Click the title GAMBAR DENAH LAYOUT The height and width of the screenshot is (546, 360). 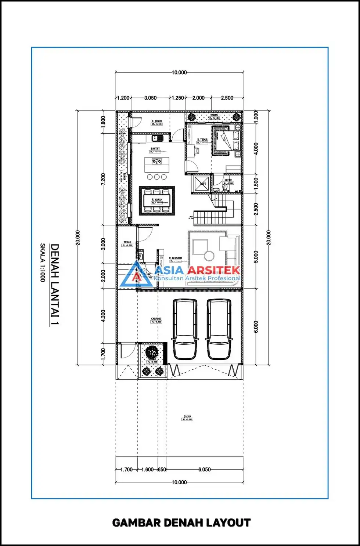(181, 523)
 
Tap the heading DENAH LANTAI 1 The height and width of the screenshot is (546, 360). (55, 284)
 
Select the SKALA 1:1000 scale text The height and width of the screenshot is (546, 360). (43, 263)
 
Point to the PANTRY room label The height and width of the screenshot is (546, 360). (155, 149)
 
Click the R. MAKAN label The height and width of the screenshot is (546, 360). (157, 200)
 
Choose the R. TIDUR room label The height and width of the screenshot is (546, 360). (202, 140)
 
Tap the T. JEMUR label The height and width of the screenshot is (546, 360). (157, 121)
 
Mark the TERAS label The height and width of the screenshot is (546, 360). (127, 242)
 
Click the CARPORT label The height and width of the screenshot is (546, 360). (156, 319)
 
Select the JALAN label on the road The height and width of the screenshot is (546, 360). (187, 417)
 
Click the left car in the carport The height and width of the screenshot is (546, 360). (184, 329)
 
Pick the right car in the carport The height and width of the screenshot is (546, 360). (219, 329)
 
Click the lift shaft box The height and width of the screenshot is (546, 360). (201, 183)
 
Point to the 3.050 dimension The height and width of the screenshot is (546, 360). (150, 98)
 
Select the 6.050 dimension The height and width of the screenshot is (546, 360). (205, 470)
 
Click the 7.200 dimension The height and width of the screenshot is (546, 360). (103, 179)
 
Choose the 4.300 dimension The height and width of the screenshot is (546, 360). (103, 316)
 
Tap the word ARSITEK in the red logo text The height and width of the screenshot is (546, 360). (213, 270)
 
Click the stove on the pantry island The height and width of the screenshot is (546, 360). (157, 161)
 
